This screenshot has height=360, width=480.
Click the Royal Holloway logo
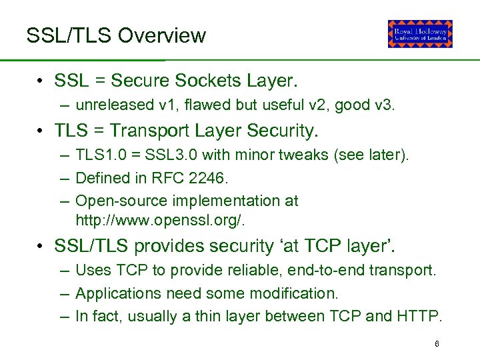[420, 34]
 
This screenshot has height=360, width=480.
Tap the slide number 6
[437, 344]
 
